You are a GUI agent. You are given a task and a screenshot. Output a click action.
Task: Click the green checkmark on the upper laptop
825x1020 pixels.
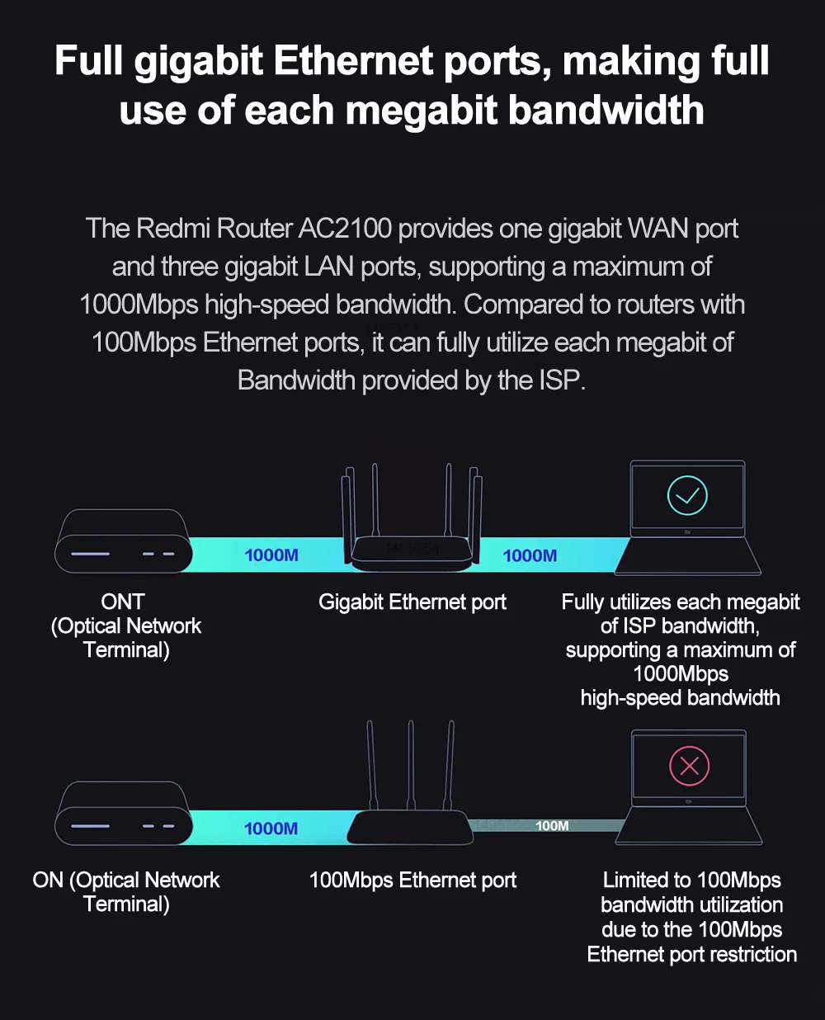coord(687,496)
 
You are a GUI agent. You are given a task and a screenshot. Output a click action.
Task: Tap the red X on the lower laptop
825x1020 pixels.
coord(690,766)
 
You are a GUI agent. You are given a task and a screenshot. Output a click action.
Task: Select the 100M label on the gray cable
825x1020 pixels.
coord(552,826)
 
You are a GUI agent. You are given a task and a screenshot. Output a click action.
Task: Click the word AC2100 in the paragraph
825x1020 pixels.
coord(345,229)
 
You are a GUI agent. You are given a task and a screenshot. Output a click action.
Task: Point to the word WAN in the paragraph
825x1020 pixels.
coord(658,229)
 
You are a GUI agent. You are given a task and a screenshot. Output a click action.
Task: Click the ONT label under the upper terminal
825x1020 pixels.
coord(123,602)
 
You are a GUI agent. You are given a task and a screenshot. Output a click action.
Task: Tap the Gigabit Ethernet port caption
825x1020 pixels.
coord(412,602)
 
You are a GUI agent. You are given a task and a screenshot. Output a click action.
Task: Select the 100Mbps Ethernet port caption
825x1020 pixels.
coord(412,881)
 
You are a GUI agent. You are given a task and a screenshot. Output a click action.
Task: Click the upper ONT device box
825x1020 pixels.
coord(123,542)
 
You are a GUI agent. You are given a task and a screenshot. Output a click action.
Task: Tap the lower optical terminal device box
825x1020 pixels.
coord(123,815)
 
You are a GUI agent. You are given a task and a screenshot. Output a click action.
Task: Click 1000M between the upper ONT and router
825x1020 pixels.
coord(271,555)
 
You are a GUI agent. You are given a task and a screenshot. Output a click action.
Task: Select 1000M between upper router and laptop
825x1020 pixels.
coord(530,556)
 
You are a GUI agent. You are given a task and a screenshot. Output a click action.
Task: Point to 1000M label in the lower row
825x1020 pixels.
coord(271,829)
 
